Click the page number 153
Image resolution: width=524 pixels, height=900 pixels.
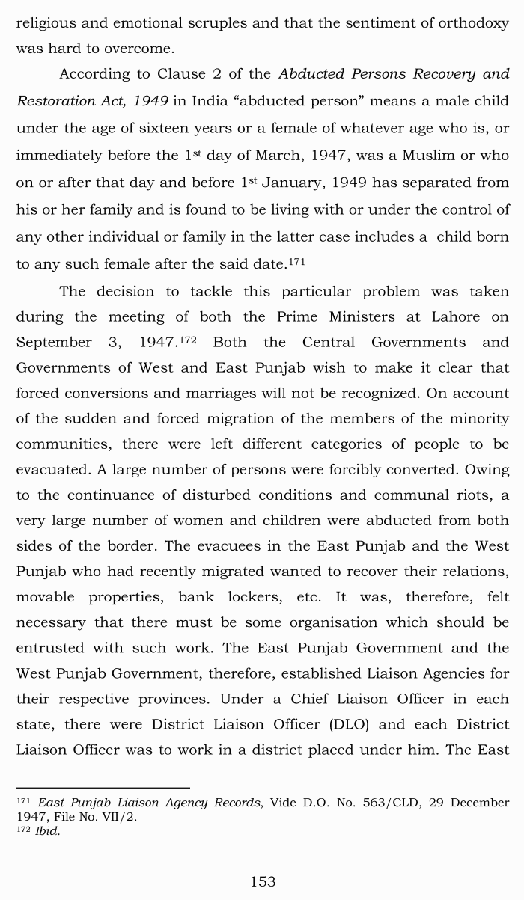point(263,881)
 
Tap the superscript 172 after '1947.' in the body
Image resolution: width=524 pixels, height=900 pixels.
point(186,340)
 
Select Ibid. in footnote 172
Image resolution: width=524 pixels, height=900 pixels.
point(47,831)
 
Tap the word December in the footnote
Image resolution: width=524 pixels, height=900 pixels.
point(478,803)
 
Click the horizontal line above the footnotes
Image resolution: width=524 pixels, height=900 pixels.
point(103,787)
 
